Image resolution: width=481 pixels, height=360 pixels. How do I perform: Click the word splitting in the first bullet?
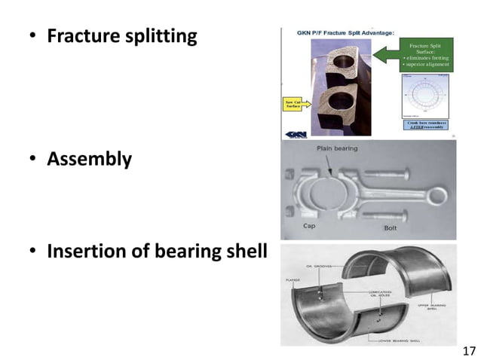(161, 36)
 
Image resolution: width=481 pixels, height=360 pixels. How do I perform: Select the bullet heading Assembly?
(89, 160)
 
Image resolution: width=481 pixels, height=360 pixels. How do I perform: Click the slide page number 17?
(468, 351)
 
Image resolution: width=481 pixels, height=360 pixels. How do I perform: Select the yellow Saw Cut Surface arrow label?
(293, 104)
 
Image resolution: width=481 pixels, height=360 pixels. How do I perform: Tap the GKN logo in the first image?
(295, 134)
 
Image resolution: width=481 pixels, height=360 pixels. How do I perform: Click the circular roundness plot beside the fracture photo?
(426, 94)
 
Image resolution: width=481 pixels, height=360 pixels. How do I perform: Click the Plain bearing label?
(336, 149)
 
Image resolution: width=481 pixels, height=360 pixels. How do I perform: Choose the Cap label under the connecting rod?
(309, 225)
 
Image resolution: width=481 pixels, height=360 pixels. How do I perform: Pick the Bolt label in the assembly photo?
(391, 227)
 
